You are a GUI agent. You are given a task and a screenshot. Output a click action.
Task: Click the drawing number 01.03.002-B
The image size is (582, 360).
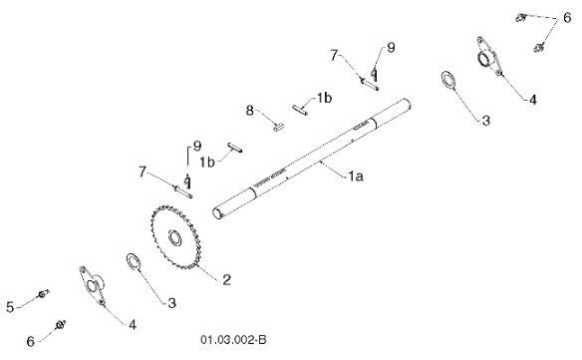click(x=234, y=339)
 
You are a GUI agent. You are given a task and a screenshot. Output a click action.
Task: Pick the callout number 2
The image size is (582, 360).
click(x=226, y=280)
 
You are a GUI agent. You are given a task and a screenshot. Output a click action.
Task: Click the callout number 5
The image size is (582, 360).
click(x=10, y=307)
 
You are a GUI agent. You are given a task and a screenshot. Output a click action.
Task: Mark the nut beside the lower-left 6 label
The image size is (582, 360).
click(x=61, y=324)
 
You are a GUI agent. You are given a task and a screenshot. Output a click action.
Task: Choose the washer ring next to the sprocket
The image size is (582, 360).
click(x=133, y=262)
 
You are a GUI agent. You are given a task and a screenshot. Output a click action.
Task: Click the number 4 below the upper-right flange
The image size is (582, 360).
click(x=533, y=100)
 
